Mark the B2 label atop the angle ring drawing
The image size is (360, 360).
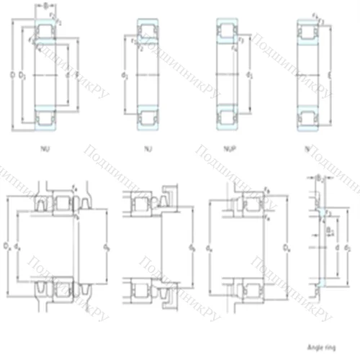(x=318, y=177)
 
